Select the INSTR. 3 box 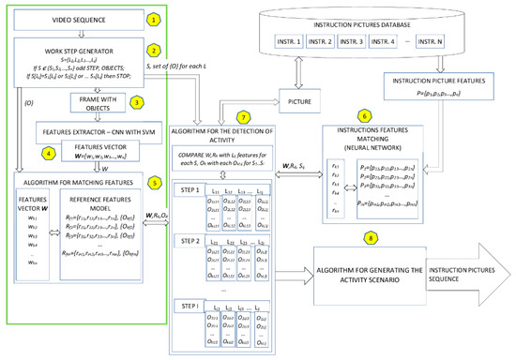click(361, 42)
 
